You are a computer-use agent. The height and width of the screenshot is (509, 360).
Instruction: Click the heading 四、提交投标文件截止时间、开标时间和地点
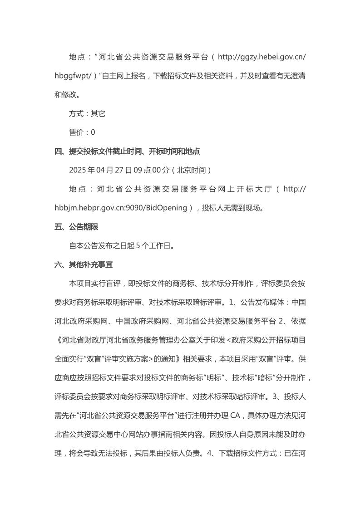pos(127,151)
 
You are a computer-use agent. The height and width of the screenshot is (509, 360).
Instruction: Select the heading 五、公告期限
pos(76,227)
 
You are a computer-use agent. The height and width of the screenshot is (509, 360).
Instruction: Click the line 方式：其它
pos(87,113)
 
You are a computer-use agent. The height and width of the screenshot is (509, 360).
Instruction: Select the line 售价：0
pos(82,132)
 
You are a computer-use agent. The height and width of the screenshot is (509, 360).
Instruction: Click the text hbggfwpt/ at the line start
pos(71,76)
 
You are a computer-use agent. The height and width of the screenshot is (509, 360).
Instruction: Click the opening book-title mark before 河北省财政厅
pos(57,340)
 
